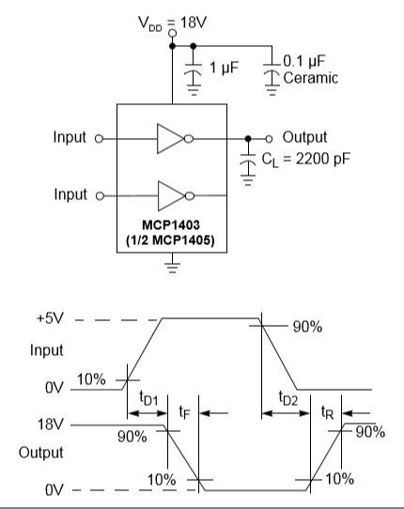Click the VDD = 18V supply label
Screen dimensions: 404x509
tap(172, 23)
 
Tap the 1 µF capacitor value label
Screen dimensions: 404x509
tap(224, 68)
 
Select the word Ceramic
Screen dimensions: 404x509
tap(310, 78)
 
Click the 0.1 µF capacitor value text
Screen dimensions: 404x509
tap(304, 61)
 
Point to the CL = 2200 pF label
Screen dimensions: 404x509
tap(306, 160)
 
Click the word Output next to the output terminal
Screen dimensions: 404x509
tap(304, 137)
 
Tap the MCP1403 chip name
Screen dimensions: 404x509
tap(171, 225)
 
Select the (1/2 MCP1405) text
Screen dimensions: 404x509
tap(170, 240)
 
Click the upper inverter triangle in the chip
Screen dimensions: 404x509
tap(170, 139)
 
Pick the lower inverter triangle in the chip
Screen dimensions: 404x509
tap(171, 195)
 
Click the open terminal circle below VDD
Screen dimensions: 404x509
tap(173, 33)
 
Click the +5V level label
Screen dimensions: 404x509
tap(51, 318)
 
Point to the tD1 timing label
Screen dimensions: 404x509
tap(148, 398)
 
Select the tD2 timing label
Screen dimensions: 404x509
tap(288, 398)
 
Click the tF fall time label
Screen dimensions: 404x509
tap(184, 412)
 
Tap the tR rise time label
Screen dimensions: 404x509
tap(327, 412)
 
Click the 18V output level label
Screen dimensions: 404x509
tap(50, 424)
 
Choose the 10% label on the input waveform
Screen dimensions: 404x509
tap(91, 379)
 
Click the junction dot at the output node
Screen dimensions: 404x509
tap(248, 139)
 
